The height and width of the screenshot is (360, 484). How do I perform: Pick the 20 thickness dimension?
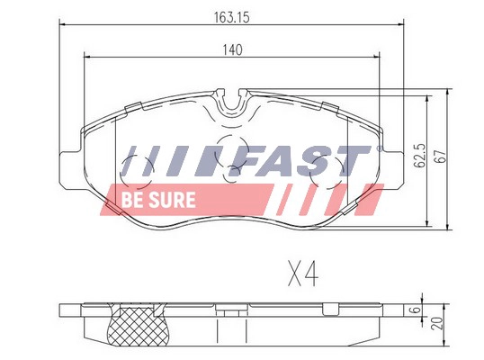point(437,323)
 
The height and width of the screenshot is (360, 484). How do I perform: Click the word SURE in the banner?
point(166,198)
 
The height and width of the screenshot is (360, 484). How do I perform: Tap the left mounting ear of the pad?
point(70,159)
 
